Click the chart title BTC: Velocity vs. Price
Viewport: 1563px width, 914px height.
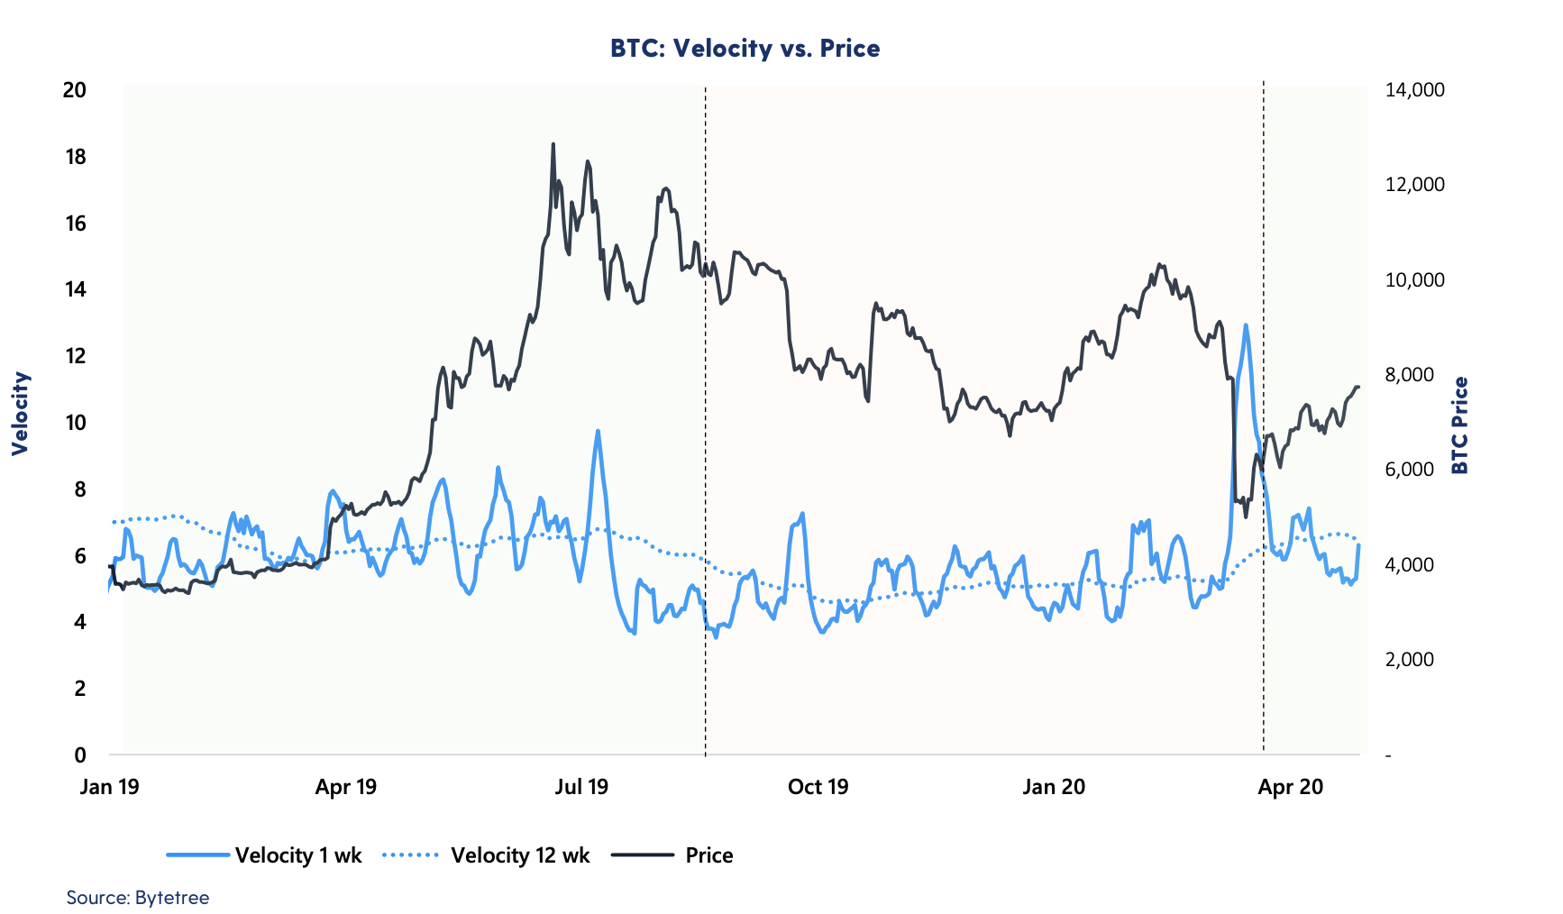click(745, 48)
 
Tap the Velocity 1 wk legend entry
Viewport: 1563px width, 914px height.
click(263, 855)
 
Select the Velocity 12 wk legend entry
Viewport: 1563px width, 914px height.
click(486, 855)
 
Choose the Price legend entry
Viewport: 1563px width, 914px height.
click(672, 855)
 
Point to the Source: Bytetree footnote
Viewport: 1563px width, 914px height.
click(138, 898)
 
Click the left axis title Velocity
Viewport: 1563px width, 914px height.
click(21, 414)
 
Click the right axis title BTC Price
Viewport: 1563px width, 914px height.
click(1459, 425)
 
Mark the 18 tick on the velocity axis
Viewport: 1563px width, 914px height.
click(76, 157)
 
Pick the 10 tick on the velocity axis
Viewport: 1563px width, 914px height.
click(76, 423)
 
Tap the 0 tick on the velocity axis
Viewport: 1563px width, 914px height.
click(80, 754)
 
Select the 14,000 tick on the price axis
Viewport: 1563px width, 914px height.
click(1414, 90)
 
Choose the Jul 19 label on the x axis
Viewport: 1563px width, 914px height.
click(581, 787)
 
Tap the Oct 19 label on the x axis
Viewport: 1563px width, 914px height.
click(818, 787)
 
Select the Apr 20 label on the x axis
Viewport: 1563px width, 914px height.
click(1290, 787)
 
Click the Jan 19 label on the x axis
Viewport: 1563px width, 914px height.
click(110, 787)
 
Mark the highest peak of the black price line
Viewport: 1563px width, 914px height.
click(553, 144)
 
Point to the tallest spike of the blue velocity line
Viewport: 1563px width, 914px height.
click(1246, 325)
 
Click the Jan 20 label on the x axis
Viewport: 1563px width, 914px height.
click(1054, 787)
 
